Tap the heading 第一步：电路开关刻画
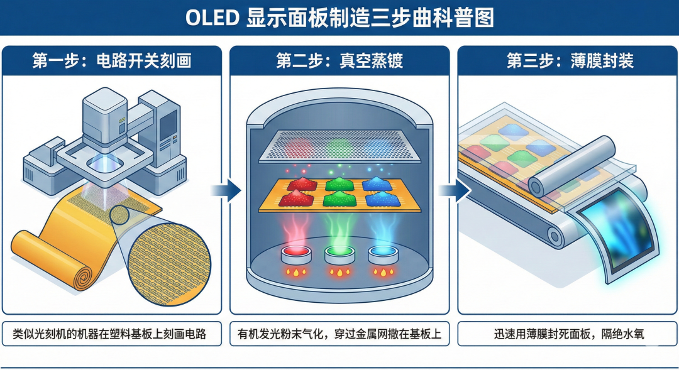[112, 61]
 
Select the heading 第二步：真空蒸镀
[339, 61]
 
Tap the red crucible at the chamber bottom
[294, 254]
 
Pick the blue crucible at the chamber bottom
[384, 254]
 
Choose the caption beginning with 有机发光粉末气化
[339, 334]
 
